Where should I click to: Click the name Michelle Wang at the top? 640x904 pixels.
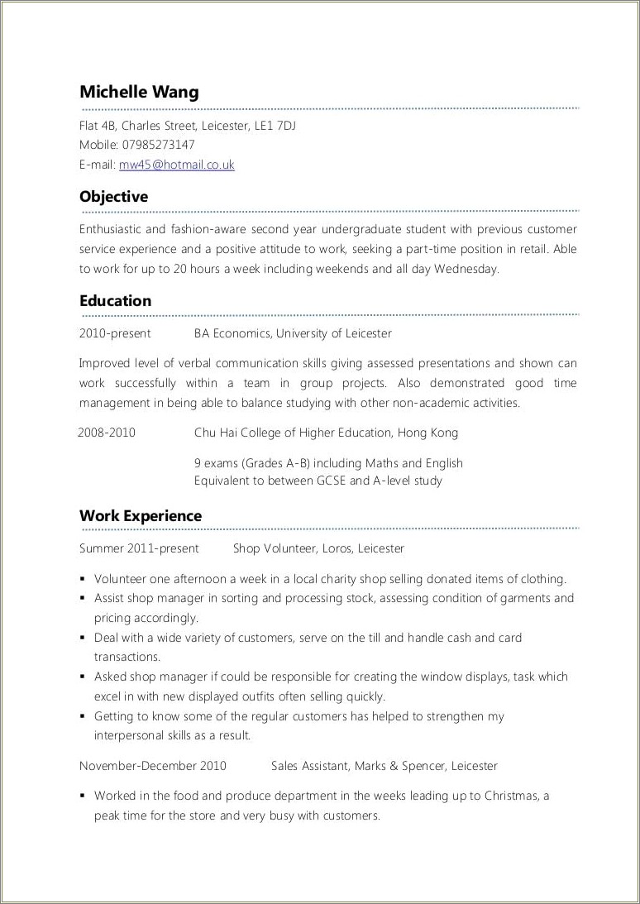[x=139, y=92]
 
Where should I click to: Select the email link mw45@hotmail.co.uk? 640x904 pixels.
[x=177, y=165]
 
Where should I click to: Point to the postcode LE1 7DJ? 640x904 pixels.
[x=274, y=126]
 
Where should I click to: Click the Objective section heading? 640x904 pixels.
[x=113, y=197]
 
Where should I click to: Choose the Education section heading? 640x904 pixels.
[x=115, y=301]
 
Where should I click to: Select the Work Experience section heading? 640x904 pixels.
[x=141, y=516]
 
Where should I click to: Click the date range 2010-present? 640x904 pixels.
[x=115, y=333]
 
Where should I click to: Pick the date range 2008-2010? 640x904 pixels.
[x=107, y=433]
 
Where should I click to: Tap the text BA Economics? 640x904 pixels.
[x=232, y=333]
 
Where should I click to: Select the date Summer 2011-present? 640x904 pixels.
[x=139, y=548]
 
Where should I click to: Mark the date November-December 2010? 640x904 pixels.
[x=152, y=766]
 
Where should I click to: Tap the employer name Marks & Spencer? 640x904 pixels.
[x=399, y=766]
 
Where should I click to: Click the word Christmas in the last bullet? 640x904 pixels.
[x=512, y=796]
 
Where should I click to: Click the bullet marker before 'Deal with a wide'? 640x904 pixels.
[x=84, y=639]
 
